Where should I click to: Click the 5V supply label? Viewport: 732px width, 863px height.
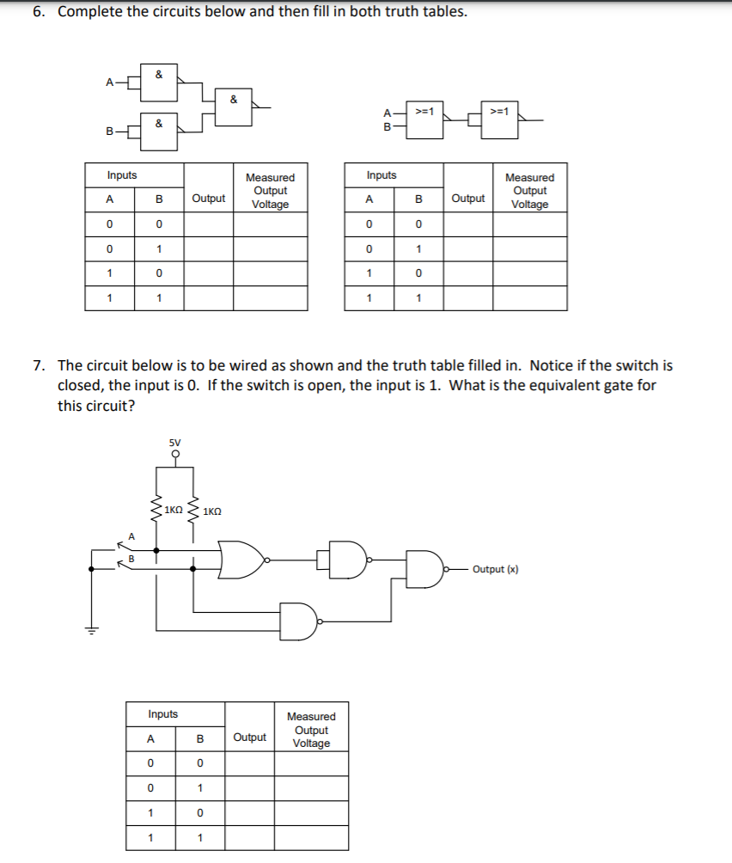[176, 443]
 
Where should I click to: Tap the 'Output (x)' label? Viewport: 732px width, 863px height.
[496, 569]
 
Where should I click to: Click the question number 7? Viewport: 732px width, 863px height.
[39, 365]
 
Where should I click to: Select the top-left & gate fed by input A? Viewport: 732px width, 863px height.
[159, 83]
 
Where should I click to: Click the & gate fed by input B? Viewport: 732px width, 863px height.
[159, 132]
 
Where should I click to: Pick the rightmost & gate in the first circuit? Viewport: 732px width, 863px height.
[233, 107]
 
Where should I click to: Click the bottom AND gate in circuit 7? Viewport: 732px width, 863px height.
[299, 621]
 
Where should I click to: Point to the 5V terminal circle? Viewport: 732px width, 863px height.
[176, 454]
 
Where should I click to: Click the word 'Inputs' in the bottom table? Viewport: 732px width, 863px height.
[163, 714]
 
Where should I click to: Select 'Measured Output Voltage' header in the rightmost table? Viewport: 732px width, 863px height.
[529, 190]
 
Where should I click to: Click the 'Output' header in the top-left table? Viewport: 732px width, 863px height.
[208, 198]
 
